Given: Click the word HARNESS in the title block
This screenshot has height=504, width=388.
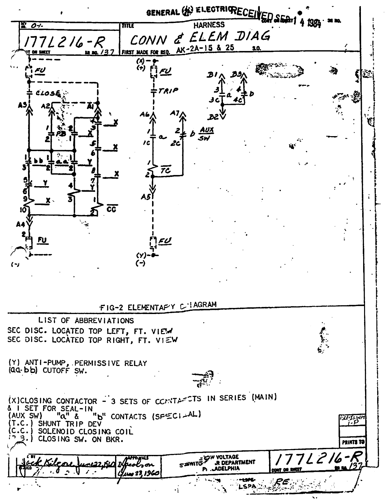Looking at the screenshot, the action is click(209, 25).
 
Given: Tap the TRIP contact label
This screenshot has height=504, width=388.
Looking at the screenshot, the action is click(168, 90).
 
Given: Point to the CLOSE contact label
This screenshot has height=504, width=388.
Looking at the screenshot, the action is click(48, 93).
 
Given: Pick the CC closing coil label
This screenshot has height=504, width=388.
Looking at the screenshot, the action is click(112, 209).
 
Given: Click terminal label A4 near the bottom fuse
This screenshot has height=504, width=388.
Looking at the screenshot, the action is click(20, 225).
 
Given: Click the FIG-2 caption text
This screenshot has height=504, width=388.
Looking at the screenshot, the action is click(158, 307).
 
